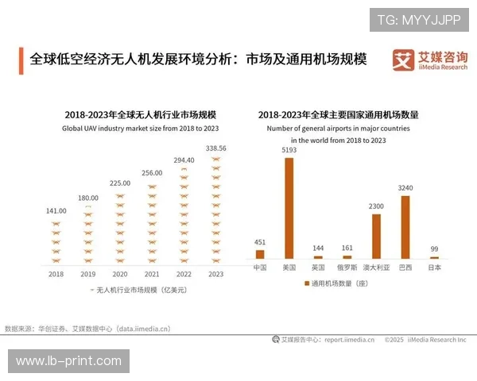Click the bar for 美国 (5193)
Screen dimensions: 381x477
click(289, 208)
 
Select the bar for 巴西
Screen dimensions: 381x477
click(405, 227)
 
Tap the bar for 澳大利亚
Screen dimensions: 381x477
click(376, 237)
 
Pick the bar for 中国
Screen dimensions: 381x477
click(260, 254)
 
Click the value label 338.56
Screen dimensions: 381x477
click(215, 148)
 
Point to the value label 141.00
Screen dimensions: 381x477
click(56, 210)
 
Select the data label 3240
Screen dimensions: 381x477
click(405, 188)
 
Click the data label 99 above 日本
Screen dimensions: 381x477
click(434, 248)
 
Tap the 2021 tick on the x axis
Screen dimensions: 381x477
click(152, 274)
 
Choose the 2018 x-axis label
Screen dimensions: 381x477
click(56, 274)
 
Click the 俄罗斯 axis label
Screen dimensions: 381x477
click(347, 267)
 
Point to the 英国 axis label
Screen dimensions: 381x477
click(318, 267)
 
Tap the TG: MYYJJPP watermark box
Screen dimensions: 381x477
click(418, 18)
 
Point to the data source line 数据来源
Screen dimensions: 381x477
click(87, 327)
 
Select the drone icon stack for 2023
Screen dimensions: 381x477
click(215, 210)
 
